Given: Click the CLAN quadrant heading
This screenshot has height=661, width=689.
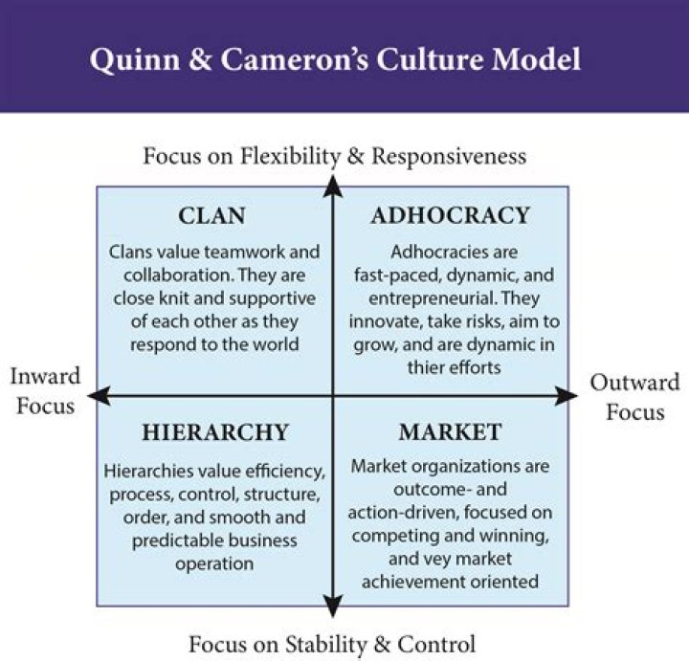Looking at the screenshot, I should pos(212,215).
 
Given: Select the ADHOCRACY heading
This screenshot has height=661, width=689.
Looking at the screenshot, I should pos(450,215).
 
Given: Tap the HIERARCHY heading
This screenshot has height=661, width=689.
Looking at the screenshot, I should pos(214,432).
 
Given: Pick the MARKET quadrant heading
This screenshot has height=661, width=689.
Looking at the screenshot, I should pos(450,432).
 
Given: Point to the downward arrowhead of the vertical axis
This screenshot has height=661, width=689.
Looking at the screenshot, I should pos(332,606).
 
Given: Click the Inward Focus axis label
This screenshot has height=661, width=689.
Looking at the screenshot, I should pos(45,390).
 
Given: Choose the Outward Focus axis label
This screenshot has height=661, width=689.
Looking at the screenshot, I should pos(634,398).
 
